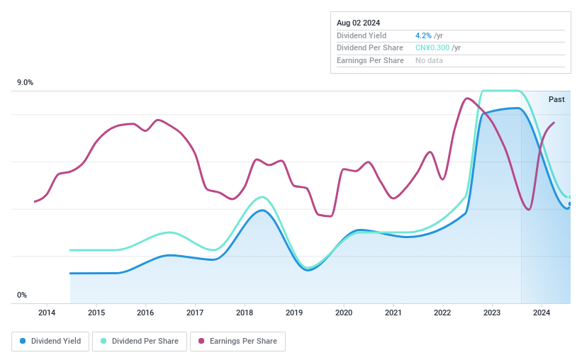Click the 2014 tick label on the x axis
[47, 313]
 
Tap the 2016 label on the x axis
[145, 313]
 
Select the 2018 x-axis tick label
[245, 313]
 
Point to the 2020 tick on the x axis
[344, 313]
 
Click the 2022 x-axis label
[442, 313]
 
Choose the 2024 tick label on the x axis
[542, 313]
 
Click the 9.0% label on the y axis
[26, 83]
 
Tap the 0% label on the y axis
[22, 295]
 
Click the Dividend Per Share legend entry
[140, 342]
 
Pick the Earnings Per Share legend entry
[237, 342]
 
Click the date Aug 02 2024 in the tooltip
[359, 23]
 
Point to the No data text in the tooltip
[430, 61]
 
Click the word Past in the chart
[556, 99]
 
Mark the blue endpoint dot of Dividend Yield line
[569, 204]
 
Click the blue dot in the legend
[23, 342]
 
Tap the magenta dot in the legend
[202, 342]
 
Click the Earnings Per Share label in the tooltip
[370, 61]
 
